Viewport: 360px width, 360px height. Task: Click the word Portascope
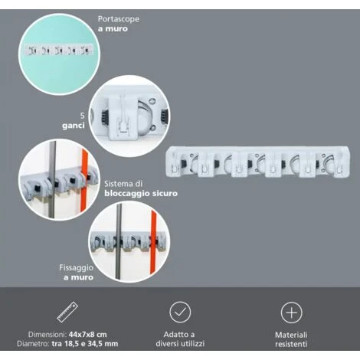coord(119,19)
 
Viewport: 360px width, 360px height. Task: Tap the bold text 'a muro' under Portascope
coord(113,29)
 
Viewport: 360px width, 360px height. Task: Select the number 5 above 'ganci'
coord(82,116)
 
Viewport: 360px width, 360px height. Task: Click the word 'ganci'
coord(74,126)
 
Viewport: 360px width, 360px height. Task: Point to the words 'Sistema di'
coord(123,184)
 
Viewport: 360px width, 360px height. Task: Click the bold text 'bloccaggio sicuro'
coord(141,193)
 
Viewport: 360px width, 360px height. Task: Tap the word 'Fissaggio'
coord(77,267)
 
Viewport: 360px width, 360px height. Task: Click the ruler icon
coord(67,312)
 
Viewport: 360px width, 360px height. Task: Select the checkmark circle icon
coord(180,312)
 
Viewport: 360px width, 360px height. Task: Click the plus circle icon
coord(291,313)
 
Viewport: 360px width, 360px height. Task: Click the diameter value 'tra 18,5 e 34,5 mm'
coord(85,344)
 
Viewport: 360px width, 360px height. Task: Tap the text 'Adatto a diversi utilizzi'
coord(180,339)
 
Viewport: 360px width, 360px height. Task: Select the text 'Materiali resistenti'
coord(291,339)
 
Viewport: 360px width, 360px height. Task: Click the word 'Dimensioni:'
coord(47,335)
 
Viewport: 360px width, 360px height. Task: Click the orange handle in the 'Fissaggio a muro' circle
coord(153,242)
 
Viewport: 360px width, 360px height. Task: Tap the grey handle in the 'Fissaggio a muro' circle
coord(119,241)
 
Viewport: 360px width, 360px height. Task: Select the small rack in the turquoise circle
coord(58,50)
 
